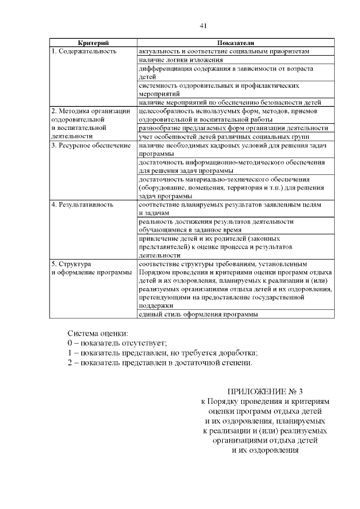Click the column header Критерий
(x=93, y=43)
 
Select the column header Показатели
(x=235, y=43)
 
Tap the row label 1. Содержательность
(x=84, y=51)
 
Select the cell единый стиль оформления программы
(x=198, y=314)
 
